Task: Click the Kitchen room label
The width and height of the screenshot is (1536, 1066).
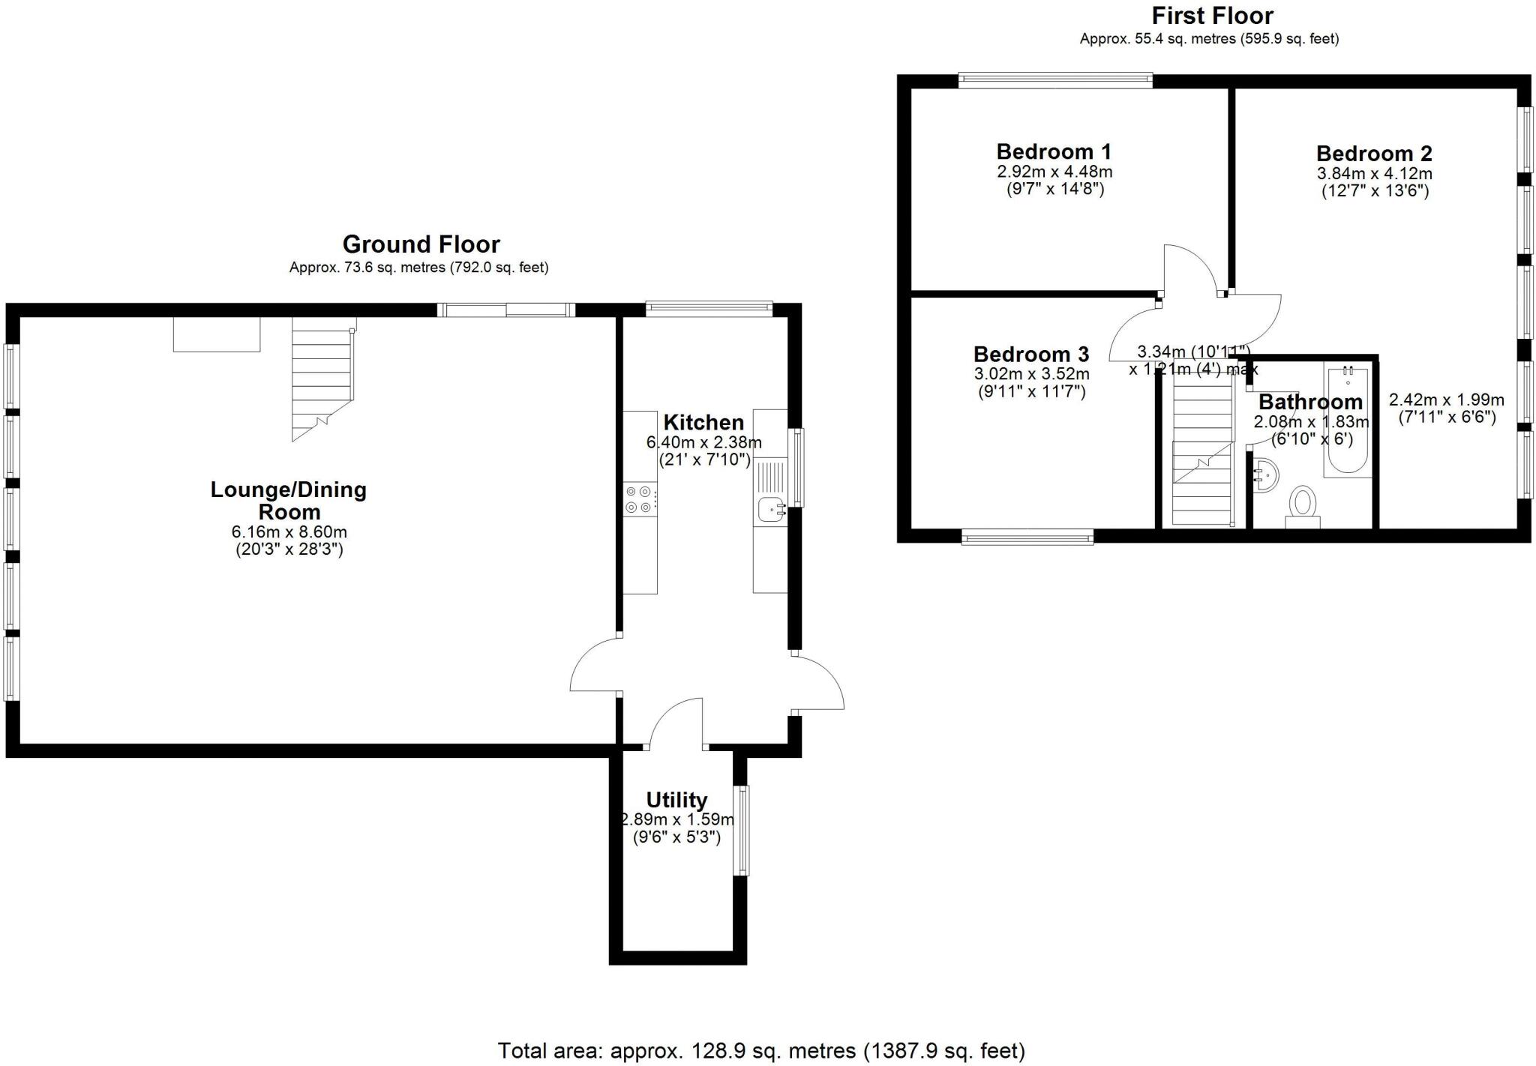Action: tap(703, 422)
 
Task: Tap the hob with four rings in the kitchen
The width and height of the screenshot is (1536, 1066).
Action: tap(640, 500)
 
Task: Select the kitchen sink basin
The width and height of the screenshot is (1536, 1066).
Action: tap(769, 511)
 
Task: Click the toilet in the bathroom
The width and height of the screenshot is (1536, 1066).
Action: tap(1303, 505)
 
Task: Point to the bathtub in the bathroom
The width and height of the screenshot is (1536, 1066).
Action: tap(1348, 421)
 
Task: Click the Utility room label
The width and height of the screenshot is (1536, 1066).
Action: tap(676, 800)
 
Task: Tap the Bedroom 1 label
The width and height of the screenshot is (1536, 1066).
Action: tap(1054, 151)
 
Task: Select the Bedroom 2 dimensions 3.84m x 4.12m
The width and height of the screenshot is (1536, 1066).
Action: tap(1375, 173)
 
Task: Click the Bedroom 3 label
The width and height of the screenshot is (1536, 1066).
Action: tap(1031, 354)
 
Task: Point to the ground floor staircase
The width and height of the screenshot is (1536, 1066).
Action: tap(322, 379)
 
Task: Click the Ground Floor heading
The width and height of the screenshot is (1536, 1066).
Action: tap(421, 244)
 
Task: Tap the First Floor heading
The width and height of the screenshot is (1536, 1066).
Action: tap(1212, 16)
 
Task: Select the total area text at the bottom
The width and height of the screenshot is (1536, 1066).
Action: tap(760, 1050)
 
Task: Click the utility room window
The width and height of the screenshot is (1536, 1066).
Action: tap(741, 830)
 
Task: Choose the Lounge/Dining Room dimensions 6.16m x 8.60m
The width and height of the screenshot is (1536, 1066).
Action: tap(289, 532)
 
